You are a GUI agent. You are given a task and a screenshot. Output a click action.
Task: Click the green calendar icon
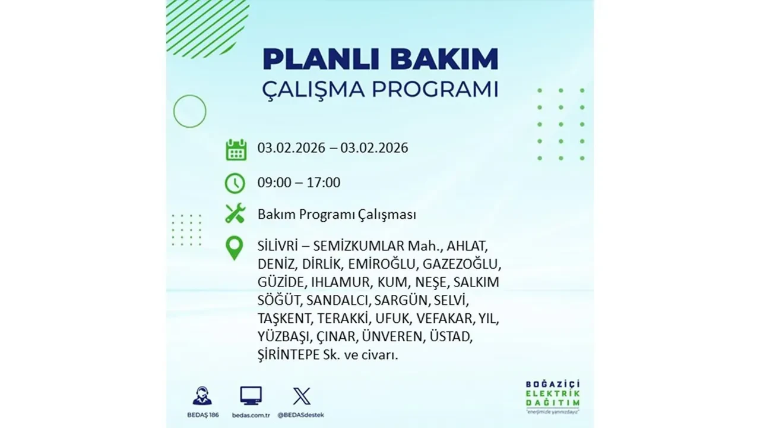[x=236, y=149]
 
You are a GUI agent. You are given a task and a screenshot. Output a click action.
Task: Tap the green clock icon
[x=235, y=183]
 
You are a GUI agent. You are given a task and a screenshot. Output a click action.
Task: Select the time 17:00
[x=324, y=182]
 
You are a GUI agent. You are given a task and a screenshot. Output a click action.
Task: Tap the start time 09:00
[x=274, y=182]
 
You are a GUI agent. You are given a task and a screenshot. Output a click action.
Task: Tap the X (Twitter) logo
[x=302, y=395]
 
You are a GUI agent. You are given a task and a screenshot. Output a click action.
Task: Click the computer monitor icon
[x=251, y=395]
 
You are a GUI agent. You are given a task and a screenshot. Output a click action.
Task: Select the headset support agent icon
[x=202, y=396]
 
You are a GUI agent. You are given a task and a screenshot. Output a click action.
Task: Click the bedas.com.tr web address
[x=251, y=414]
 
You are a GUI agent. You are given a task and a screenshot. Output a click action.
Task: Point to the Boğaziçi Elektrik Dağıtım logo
[x=553, y=395]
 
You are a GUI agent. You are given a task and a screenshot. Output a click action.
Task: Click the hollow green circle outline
[x=189, y=111]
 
